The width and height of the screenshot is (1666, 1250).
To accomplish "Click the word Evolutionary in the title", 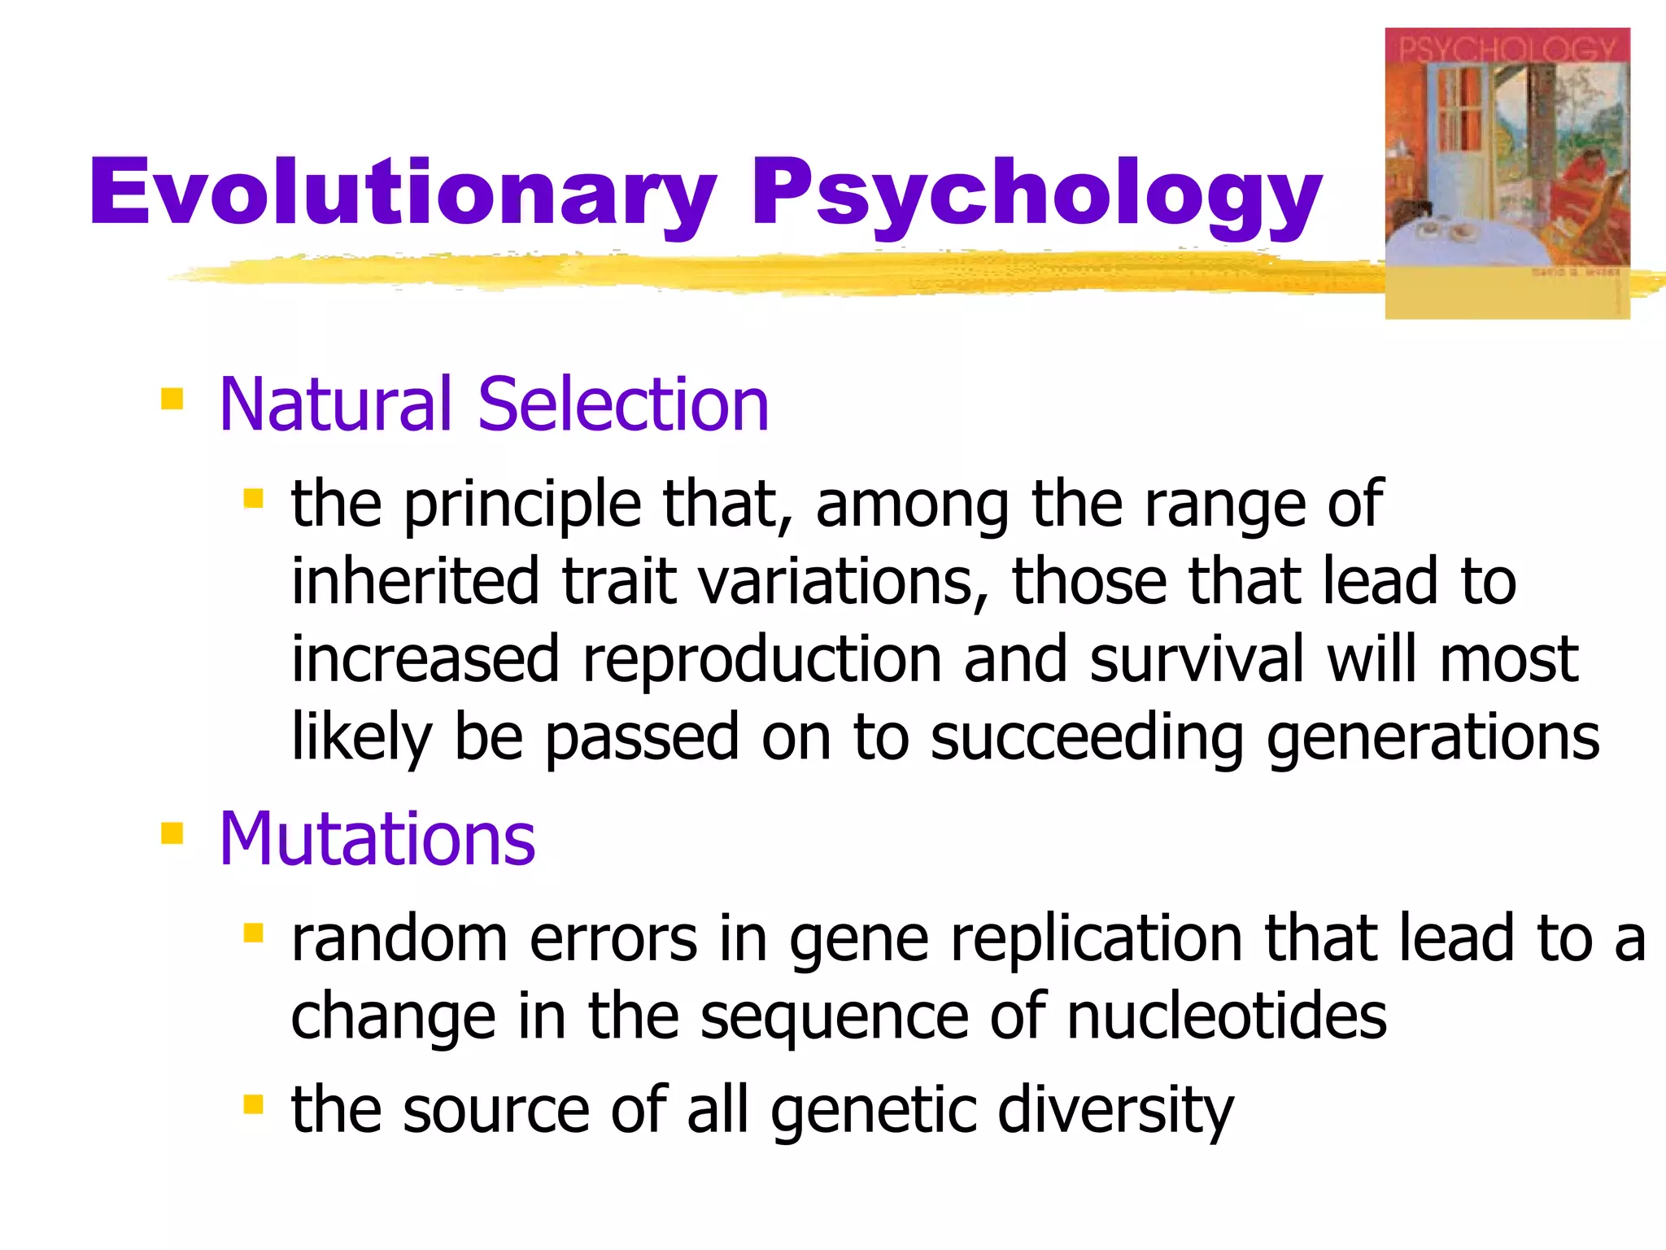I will coord(403,192).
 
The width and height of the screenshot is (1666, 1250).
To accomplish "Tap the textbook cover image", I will coord(1507,173).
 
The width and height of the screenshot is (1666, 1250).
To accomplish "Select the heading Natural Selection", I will coord(494,404).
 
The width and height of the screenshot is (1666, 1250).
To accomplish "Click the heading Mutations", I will coord(377,839).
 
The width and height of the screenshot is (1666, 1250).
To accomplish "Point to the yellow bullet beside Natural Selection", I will coord(172,399).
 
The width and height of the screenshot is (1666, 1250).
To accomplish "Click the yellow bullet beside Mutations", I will coord(172,833).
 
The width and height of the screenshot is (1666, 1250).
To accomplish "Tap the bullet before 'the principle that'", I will coord(253,498).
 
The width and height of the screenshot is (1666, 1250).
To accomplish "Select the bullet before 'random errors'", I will coord(253,933).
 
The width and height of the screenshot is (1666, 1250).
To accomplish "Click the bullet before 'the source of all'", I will coord(253,1104).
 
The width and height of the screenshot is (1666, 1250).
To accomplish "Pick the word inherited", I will coord(415,581).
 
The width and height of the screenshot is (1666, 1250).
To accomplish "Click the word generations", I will coord(1433,737).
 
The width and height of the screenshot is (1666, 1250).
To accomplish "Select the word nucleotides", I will coord(1226,1017).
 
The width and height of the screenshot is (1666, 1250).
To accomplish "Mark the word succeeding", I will coord(1087,737).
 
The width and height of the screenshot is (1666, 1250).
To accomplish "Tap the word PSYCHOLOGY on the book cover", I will coord(1507,49).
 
